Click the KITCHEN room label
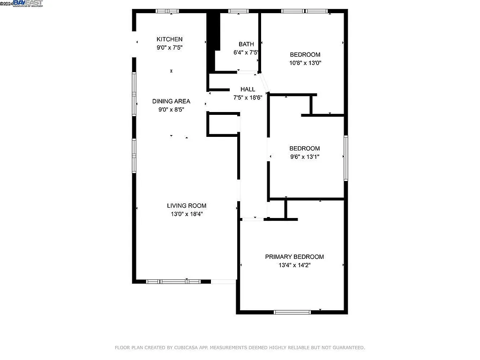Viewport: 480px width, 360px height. (x=170, y=39)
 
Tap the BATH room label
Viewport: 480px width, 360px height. (x=246, y=45)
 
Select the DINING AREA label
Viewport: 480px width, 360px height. (x=171, y=101)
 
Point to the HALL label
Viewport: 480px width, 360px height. (x=248, y=89)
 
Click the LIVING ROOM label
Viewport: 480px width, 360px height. (x=187, y=206)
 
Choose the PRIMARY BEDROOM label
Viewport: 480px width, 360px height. (x=294, y=257)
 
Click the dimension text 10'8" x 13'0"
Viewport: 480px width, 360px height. (x=305, y=63)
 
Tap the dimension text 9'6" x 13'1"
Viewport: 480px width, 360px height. (x=304, y=157)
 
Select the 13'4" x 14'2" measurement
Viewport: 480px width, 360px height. (x=294, y=265)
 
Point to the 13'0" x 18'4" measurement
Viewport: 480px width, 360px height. (x=187, y=214)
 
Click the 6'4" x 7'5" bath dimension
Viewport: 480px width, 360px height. (x=246, y=52)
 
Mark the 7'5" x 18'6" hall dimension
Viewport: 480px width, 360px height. (x=248, y=97)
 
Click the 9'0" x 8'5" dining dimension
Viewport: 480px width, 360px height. (x=171, y=109)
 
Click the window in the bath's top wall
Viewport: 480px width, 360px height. (x=239, y=11)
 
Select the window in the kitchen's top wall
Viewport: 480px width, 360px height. (x=167, y=11)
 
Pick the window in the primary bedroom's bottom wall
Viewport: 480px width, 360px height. (x=292, y=312)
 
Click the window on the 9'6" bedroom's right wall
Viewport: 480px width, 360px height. (x=346, y=158)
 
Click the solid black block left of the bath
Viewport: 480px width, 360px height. (x=213, y=31)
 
